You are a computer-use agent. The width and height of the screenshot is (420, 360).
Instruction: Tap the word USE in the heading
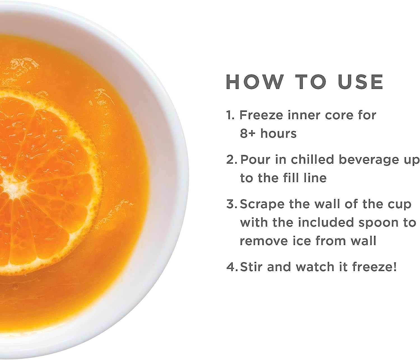point(360,82)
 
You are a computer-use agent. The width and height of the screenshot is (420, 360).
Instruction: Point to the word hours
point(278,133)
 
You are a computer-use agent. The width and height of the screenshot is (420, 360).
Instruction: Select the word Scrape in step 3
point(262,205)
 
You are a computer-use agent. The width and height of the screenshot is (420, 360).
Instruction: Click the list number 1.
point(230,115)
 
